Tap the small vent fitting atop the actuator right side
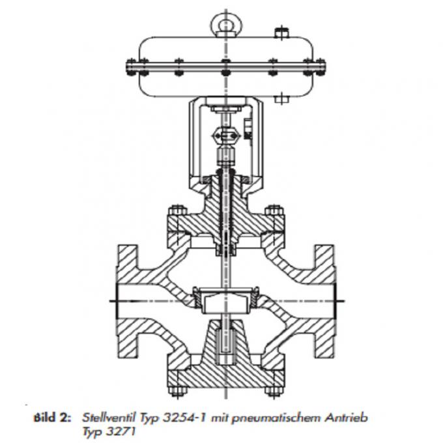pyautogui.click(x=281, y=31)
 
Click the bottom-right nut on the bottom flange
pyautogui.click(x=268, y=392)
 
